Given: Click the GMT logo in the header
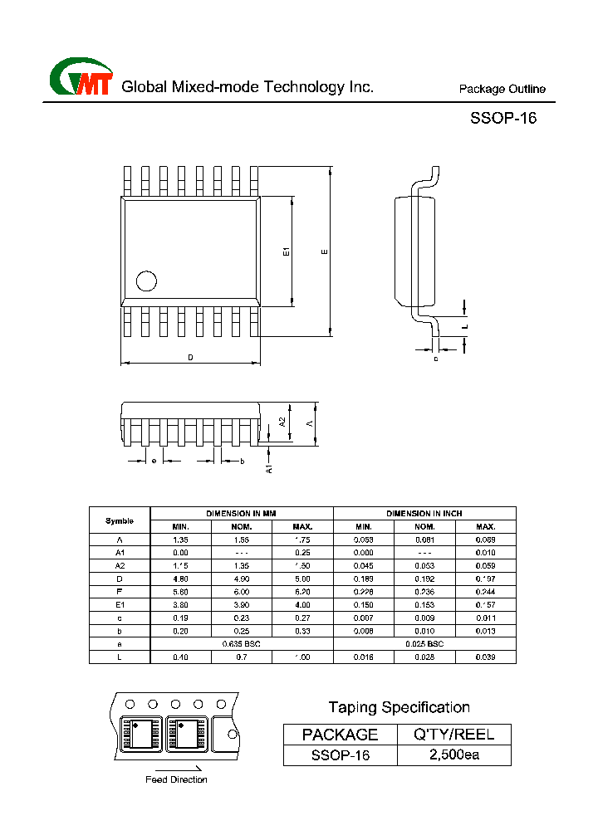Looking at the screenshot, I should pyautogui.click(x=81, y=78).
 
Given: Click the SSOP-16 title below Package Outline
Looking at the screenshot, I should pyautogui.click(x=503, y=118).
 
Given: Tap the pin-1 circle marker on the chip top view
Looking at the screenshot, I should pyautogui.click(x=146, y=281).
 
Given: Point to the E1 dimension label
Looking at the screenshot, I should pyautogui.click(x=285, y=252).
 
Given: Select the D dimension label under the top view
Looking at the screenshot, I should pyautogui.click(x=190, y=358).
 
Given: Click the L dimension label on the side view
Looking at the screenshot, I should pyautogui.click(x=465, y=327).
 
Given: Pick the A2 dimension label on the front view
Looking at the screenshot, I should pyautogui.click(x=282, y=422).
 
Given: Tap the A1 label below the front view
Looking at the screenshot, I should pyautogui.click(x=268, y=468).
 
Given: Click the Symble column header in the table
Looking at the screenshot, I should pyautogui.click(x=120, y=520).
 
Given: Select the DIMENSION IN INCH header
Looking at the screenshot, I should pyautogui.click(x=424, y=514).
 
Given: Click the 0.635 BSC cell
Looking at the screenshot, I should pyautogui.click(x=242, y=644).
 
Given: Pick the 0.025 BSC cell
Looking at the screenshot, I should pyautogui.click(x=424, y=644).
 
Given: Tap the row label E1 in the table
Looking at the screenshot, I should pyautogui.click(x=120, y=605).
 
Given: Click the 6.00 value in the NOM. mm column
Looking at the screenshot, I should pyautogui.click(x=242, y=592).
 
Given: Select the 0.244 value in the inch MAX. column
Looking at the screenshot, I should pyautogui.click(x=485, y=592).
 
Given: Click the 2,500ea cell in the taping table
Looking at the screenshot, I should pyautogui.click(x=454, y=755).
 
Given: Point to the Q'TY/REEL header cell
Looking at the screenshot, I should pyautogui.click(x=454, y=734).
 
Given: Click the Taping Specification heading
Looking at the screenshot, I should pyautogui.click(x=399, y=707).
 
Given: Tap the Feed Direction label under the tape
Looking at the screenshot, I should pyautogui.click(x=176, y=779).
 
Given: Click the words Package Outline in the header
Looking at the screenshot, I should pyautogui.click(x=502, y=90).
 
